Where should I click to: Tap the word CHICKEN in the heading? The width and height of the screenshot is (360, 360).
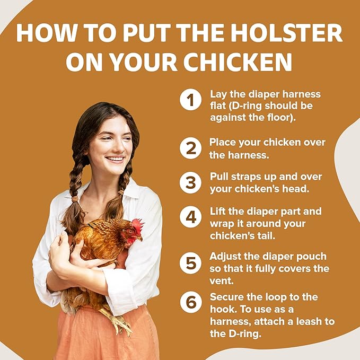[238, 62]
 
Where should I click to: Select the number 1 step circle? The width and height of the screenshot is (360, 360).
[191, 100]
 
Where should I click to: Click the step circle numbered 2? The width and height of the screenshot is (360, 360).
[191, 148]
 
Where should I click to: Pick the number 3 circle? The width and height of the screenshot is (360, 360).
[191, 182]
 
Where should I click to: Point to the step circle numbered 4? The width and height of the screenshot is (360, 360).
[191, 217]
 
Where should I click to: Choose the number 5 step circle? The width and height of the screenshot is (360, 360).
[191, 263]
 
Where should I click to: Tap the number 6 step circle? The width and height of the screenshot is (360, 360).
[191, 302]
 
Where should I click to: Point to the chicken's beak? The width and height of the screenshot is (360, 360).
[139, 239]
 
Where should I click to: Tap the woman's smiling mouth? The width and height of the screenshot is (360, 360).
[115, 159]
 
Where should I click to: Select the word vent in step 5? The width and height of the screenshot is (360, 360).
[221, 280]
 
